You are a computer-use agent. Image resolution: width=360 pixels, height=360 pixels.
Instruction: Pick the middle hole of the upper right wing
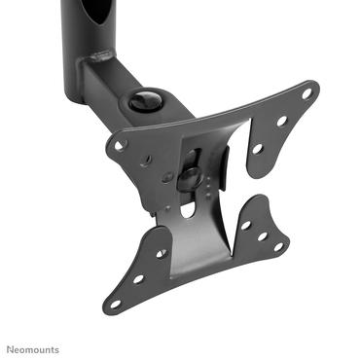click(x=282, y=122)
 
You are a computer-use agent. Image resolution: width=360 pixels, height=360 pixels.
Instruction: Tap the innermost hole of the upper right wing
click(x=258, y=149)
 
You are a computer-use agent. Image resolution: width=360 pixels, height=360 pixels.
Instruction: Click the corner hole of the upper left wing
click(x=121, y=143)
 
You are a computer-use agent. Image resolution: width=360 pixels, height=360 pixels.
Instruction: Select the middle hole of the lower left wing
click(x=138, y=278)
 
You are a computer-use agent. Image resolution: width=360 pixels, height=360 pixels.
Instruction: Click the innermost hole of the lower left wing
click(x=161, y=254)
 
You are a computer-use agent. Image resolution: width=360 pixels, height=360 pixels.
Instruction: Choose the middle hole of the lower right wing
click(x=262, y=235)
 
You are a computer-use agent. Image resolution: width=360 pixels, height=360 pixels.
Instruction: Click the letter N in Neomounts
click(x=10, y=348)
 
